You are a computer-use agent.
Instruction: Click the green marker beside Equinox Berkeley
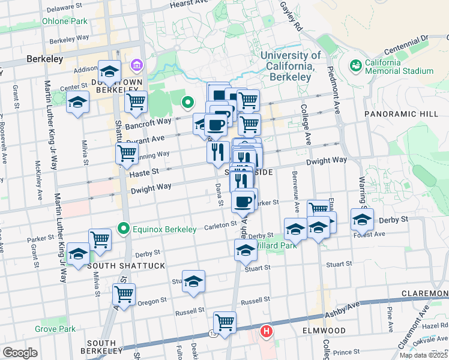point(124,229)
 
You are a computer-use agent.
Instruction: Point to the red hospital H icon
point(267,331)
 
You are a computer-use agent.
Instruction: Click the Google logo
point(20,353)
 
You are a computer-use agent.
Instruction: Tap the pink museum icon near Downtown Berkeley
point(136,64)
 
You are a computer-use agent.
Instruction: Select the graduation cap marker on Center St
point(77,103)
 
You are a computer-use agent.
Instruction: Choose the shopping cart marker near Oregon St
point(124,295)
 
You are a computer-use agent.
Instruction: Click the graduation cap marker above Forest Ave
point(362,220)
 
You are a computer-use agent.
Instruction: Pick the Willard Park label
point(274,245)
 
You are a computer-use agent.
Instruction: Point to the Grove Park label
point(55,329)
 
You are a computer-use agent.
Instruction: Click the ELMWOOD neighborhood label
point(324,331)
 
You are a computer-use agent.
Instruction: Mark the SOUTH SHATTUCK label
point(118,265)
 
